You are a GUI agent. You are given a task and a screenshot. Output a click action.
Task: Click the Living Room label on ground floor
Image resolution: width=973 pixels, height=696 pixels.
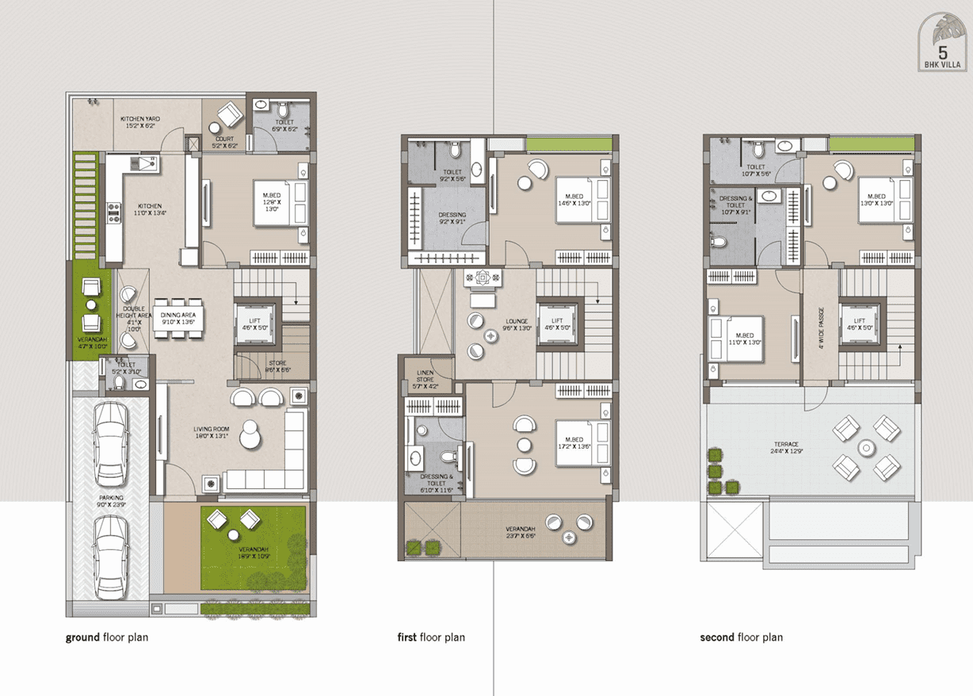click(x=212, y=433)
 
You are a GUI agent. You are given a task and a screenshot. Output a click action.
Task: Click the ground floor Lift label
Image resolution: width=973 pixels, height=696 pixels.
click(x=254, y=323)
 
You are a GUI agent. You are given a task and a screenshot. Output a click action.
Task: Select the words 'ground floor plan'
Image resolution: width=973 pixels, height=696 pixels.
click(x=107, y=637)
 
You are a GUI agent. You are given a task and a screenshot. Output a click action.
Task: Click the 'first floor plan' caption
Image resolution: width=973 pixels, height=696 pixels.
click(x=431, y=637)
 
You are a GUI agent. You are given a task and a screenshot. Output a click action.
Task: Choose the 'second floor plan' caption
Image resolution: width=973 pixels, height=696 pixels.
click(x=741, y=637)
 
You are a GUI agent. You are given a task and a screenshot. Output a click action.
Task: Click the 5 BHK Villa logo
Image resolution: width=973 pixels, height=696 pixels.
click(x=942, y=48)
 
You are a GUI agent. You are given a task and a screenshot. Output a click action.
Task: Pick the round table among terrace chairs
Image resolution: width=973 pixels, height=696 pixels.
click(x=865, y=449)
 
